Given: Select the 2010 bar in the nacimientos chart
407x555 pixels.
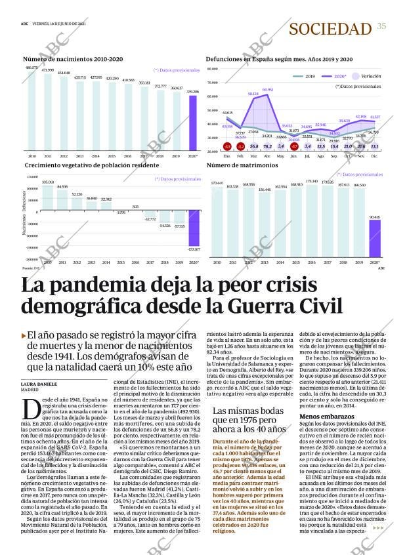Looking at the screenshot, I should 32,110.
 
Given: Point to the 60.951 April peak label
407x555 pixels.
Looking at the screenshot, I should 268,89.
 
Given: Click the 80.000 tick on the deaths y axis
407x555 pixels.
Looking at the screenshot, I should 212,83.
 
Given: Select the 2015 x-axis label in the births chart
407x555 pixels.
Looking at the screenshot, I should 112,156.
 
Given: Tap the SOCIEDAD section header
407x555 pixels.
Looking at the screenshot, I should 330,28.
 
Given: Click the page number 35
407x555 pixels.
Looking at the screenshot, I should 381,26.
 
